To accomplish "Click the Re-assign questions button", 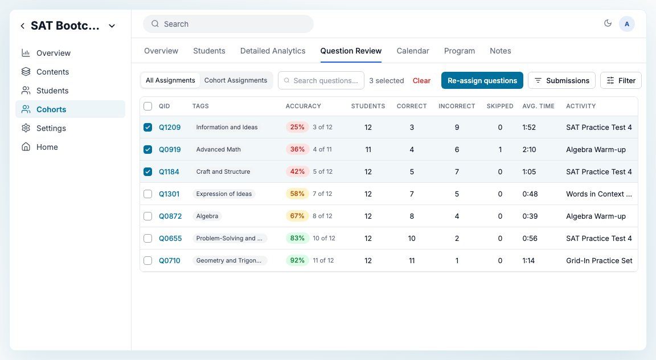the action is (x=482, y=80).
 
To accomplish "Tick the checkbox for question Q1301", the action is (x=147, y=194).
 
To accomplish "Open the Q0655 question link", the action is (x=170, y=238).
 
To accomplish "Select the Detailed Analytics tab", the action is (x=273, y=51).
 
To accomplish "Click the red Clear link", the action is (x=421, y=80).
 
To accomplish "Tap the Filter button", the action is (x=621, y=80).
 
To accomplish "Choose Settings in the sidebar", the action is (x=51, y=128).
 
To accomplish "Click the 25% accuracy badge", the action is (x=297, y=127).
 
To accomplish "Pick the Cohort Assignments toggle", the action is (x=236, y=80).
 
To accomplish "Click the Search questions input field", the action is (x=321, y=80).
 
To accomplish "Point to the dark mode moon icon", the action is (x=608, y=23).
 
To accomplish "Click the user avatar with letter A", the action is (x=627, y=24).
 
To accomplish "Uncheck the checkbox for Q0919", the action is (x=147, y=149).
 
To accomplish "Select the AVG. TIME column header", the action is (x=539, y=106).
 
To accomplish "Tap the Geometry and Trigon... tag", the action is (x=229, y=260).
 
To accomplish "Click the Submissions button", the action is (x=561, y=80).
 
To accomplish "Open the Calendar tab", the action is (x=412, y=51).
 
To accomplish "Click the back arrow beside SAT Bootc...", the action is (x=23, y=26).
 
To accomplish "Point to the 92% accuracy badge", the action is (x=297, y=260).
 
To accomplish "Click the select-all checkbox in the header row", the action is (x=147, y=106).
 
